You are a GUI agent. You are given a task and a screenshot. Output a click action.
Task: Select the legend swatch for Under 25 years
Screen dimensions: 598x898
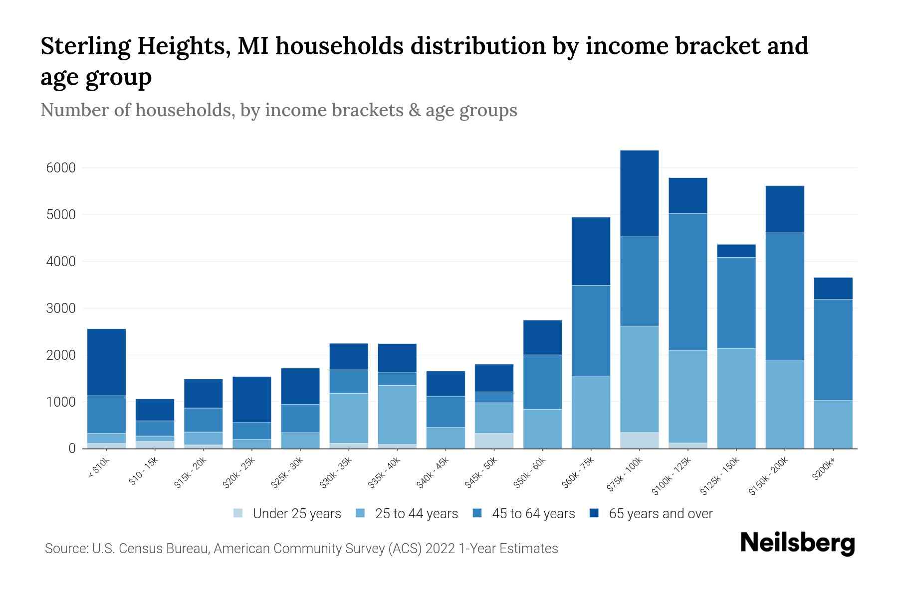[238, 513]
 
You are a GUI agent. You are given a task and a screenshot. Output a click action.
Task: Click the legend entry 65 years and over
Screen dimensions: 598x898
[660, 514]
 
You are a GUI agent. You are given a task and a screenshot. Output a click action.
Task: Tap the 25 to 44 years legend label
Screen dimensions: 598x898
[416, 514]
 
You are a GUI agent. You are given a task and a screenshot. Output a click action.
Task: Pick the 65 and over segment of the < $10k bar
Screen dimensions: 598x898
[106, 362]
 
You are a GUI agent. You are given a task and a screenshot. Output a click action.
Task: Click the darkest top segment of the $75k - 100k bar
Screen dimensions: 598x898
[639, 193]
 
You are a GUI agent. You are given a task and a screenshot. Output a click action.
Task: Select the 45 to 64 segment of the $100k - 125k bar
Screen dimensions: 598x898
[687, 282]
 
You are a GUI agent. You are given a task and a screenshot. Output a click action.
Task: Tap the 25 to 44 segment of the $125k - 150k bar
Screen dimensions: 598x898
[736, 398]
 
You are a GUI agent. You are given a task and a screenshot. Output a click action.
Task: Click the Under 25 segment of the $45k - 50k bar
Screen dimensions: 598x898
[494, 441]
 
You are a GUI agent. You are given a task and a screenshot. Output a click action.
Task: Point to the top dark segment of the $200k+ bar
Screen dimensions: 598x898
[833, 288]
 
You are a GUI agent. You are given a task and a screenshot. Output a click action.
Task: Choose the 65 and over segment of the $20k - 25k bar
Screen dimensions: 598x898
[252, 399]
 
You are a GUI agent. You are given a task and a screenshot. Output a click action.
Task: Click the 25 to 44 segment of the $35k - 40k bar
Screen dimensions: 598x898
[397, 414]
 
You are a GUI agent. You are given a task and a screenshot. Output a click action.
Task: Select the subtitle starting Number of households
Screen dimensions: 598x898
[278, 110]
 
